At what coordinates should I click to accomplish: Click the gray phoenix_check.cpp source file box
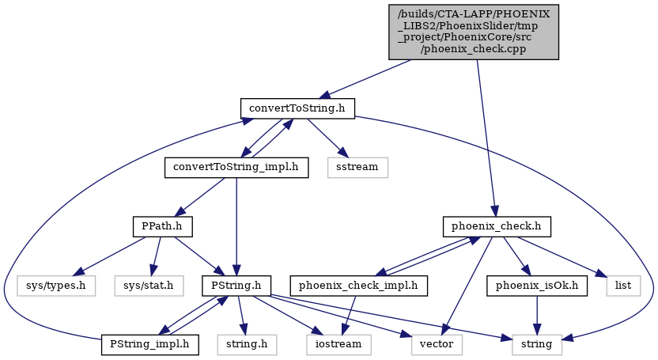pos(474,32)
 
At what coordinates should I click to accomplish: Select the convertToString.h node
pos(297,108)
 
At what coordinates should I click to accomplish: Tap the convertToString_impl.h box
pos(236,168)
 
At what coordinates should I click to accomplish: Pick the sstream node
pos(357,168)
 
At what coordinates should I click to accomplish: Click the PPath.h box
pos(162,226)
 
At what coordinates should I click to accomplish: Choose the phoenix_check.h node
pos(497,226)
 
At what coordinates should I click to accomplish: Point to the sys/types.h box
pos(56,286)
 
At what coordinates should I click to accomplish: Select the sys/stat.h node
pos(149,286)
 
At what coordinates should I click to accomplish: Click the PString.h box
pos(236,286)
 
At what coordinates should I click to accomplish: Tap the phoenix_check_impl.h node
pos(359,286)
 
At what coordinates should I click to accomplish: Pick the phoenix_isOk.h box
pos(537,286)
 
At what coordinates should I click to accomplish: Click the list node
pos(623,286)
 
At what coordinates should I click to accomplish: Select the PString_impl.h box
pos(149,345)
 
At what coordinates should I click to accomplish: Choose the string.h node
pos(248,345)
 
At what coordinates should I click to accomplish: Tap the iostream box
pos(338,345)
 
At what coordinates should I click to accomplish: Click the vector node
pos(437,345)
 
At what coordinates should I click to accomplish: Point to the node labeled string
pos(537,345)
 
